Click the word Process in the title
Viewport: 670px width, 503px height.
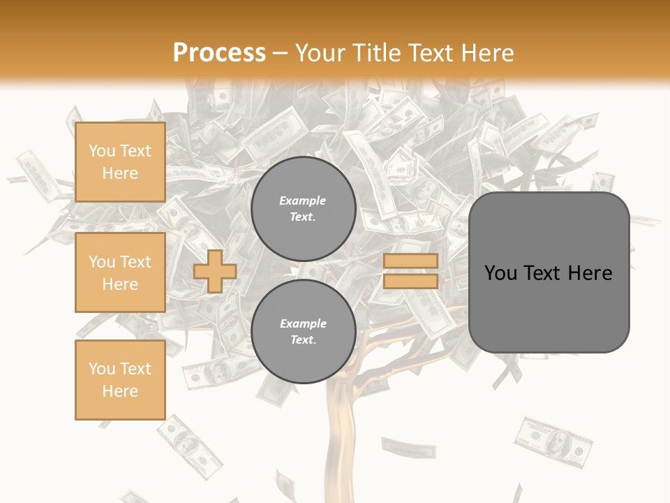219,53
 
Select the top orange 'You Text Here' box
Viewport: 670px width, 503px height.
120,162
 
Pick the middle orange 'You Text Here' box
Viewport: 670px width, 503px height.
120,272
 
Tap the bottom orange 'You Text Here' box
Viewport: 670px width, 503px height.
120,380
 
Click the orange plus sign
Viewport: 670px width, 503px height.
215,271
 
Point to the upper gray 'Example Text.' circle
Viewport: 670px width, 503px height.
303,209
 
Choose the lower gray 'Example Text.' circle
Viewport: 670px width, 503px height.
303,332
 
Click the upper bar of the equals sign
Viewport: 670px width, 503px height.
410,261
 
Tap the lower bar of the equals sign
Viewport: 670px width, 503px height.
410,282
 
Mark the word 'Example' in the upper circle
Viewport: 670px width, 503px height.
303,201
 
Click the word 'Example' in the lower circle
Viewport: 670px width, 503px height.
303,324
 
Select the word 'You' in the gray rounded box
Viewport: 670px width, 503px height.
501,273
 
